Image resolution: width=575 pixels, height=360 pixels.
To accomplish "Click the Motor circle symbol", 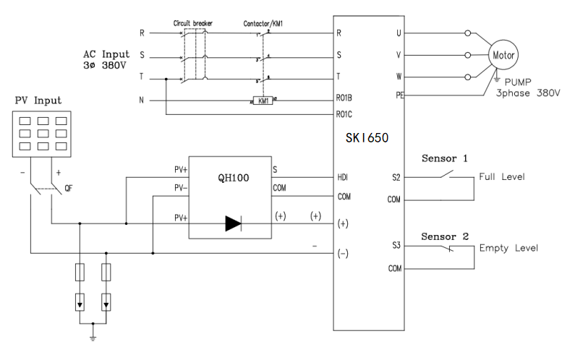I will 503,55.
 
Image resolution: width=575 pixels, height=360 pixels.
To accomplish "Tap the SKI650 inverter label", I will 368,137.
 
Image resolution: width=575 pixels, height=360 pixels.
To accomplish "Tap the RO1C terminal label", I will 346,114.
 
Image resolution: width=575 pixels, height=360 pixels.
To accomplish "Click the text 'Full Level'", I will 502,176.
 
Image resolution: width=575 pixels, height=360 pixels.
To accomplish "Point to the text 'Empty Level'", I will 508,248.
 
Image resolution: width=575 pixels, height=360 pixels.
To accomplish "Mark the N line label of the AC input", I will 142,100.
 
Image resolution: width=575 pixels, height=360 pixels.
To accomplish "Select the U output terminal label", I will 399,33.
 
